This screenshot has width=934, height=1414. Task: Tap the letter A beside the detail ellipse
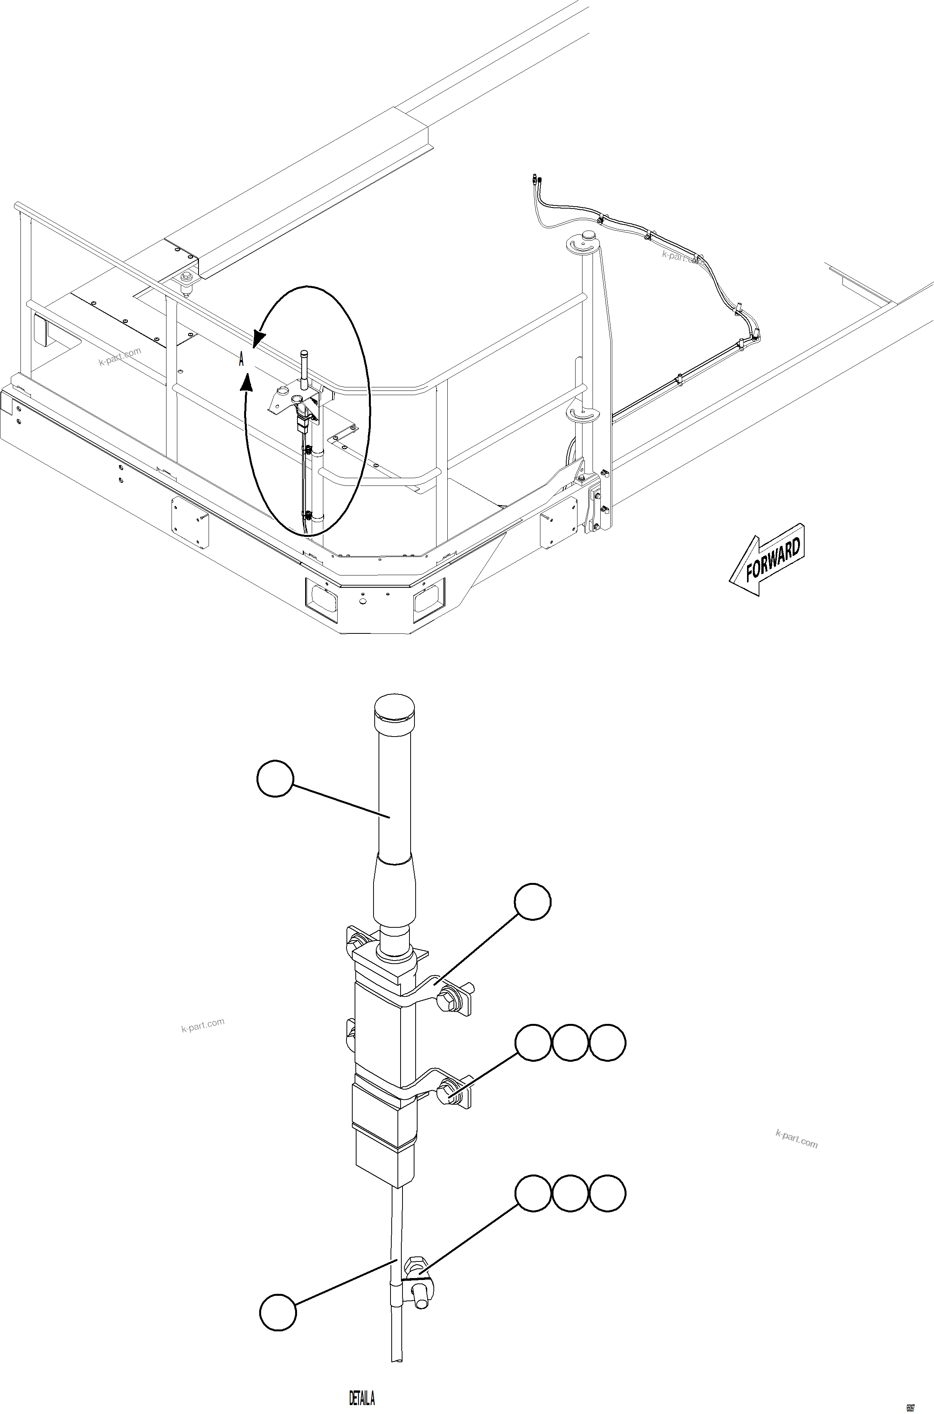pos(241,359)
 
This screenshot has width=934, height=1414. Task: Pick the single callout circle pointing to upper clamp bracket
pos(533,902)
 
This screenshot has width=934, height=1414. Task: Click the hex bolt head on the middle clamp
pos(447,1094)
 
